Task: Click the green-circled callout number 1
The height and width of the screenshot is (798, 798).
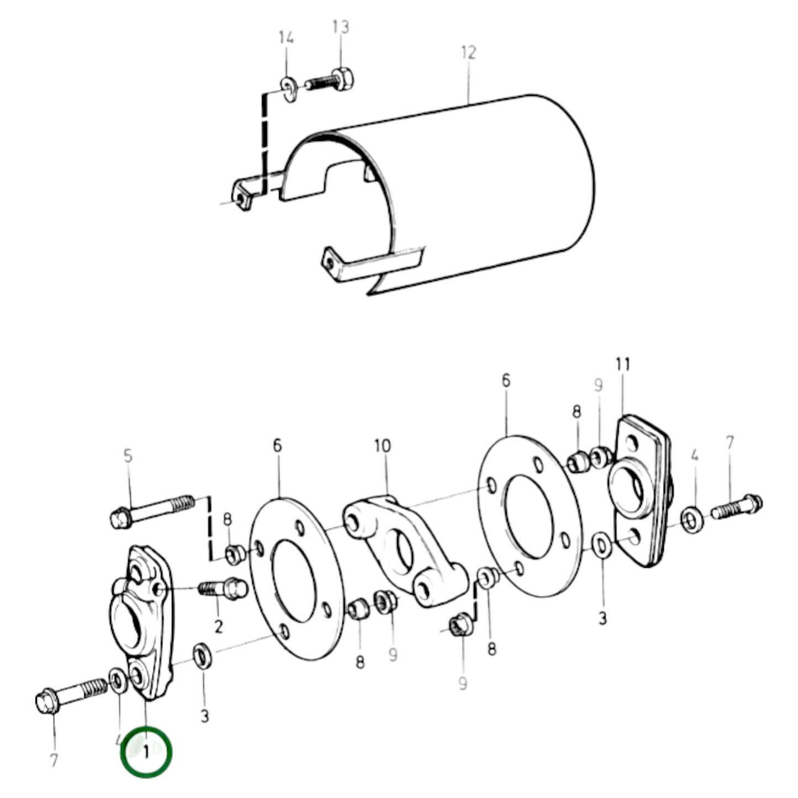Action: point(146,752)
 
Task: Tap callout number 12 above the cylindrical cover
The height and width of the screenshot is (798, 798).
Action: point(468,53)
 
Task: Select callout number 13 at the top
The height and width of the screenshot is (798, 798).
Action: point(341,27)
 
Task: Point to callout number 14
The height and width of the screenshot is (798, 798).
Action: point(286,38)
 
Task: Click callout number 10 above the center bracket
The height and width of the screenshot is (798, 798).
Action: point(382,446)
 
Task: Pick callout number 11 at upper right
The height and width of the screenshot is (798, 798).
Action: point(623,365)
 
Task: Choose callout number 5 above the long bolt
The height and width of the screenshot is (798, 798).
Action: point(128,456)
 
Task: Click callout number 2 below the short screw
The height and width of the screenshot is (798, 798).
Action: point(218,626)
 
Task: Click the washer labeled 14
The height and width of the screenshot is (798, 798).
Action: point(288,88)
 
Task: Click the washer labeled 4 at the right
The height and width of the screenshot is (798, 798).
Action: point(691,520)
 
